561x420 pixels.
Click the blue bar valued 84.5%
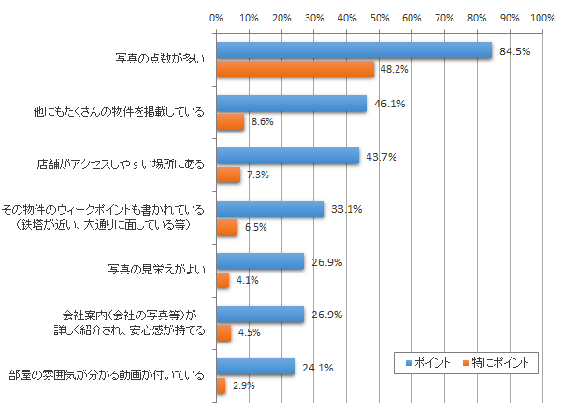353,51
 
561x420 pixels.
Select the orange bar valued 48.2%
295,69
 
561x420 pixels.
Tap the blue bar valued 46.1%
291,104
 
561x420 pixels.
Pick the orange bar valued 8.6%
230,121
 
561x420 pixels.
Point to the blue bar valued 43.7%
287,156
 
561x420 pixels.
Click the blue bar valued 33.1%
270,209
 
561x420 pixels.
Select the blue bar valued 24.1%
255,367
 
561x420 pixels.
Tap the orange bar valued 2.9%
221,385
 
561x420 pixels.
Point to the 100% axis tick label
542,18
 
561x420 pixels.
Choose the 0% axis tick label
216,18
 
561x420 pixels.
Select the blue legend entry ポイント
429,361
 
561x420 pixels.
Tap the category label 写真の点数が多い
157,60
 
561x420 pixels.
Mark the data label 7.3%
257,175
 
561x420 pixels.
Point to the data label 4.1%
246,280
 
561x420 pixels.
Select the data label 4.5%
248,332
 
